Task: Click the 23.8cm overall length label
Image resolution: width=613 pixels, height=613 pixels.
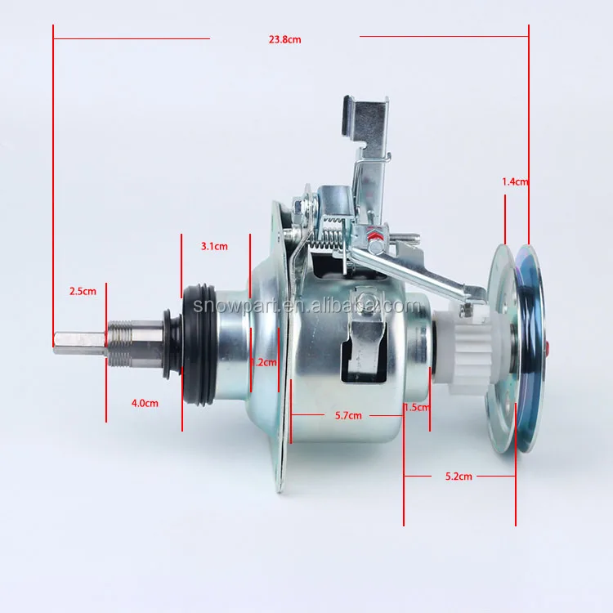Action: pos(284,39)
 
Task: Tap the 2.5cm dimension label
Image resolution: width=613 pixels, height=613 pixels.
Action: pos(83,291)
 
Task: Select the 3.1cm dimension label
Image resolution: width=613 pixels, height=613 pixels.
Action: pos(214,246)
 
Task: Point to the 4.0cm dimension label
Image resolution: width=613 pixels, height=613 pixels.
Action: pos(145,403)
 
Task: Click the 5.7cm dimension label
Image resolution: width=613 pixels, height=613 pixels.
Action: pos(348,415)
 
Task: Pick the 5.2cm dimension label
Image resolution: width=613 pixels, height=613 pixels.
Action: pos(459,477)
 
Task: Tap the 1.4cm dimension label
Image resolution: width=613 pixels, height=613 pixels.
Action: pos(515,181)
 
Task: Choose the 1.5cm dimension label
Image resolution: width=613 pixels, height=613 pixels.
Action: pos(417,407)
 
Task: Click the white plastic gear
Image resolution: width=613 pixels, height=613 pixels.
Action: pos(461,349)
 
